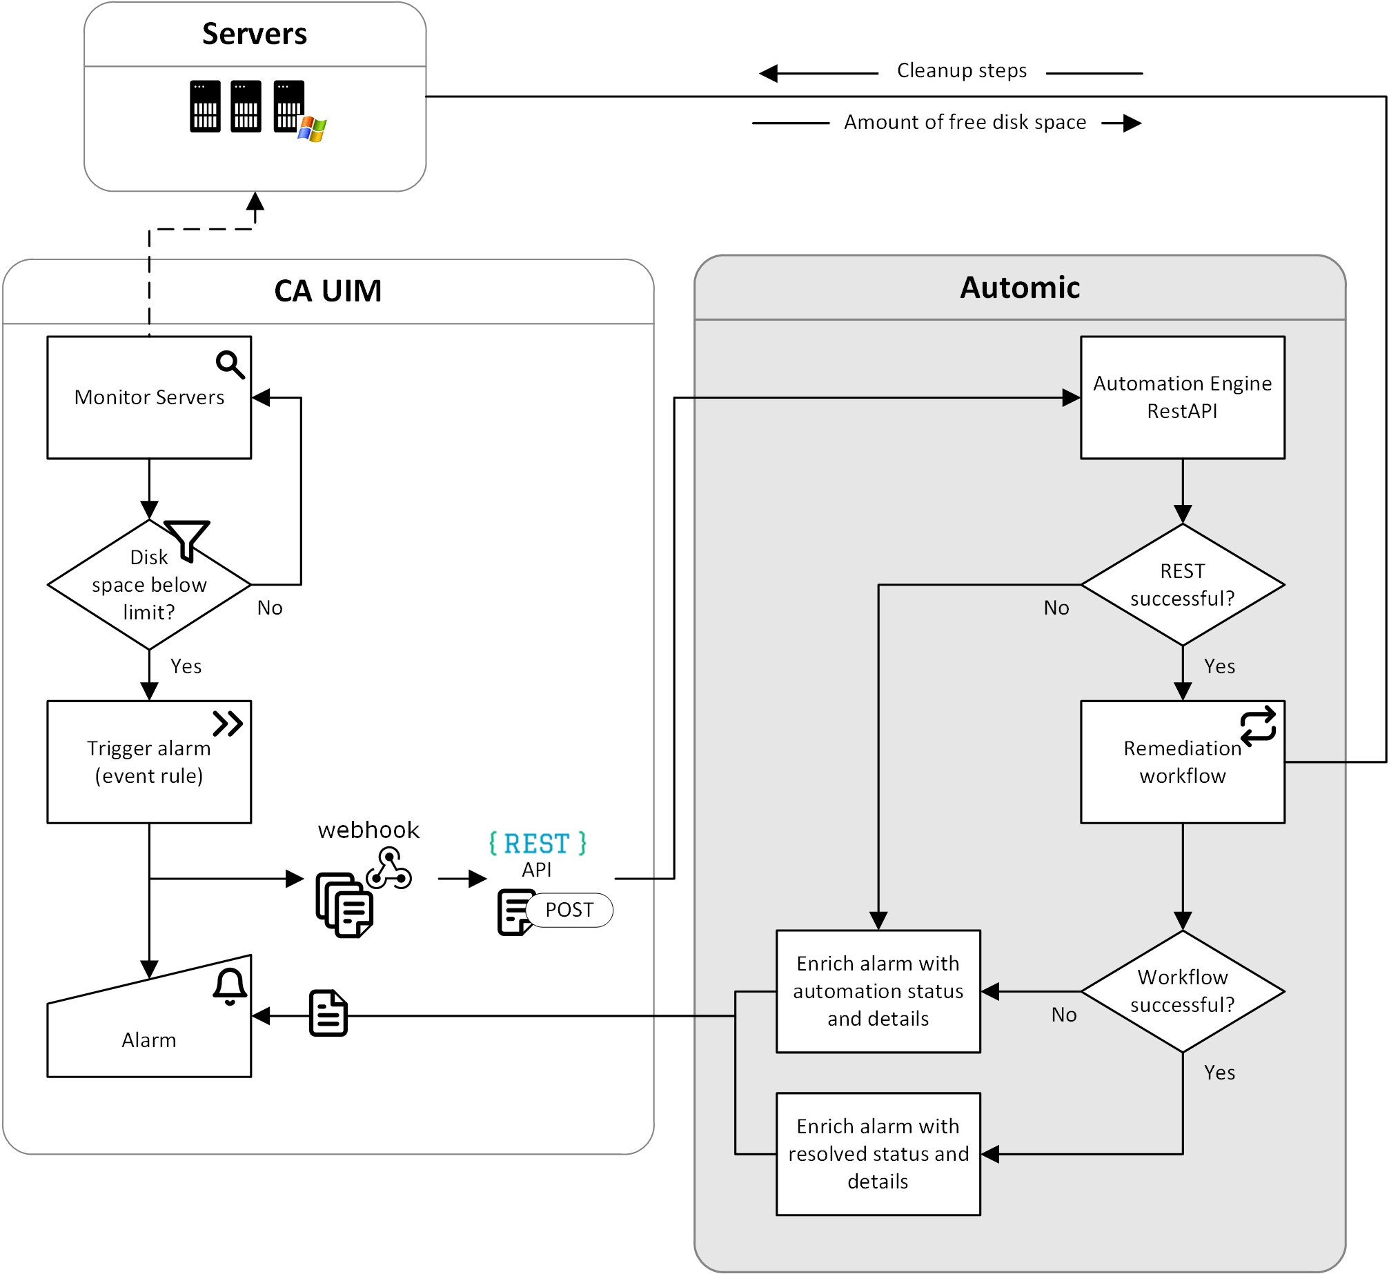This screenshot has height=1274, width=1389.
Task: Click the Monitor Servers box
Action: pyautogui.click(x=149, y=397)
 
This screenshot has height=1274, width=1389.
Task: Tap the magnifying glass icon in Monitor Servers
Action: pyautogui.click(x=230, y=364)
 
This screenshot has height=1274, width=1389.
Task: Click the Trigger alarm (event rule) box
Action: pyautogui.click(x=149, y=762)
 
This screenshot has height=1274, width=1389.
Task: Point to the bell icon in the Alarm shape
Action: pyautogui.click(x=230, y=986)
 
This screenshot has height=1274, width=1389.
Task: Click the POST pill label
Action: pyautogui.click(x=569, y=910)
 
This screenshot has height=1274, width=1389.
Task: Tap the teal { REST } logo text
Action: pyautogui.click(x=538, y=844)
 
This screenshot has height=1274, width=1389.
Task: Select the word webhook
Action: pyautogui.click(x=368, y=830)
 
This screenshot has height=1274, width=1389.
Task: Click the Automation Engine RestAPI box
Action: pyautogui.click(x=1182, y=397)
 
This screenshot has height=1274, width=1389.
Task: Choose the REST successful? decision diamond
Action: pyautogui.click(x=1182, y=585)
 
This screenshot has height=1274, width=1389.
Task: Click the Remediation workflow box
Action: pyautogui.click(x=1182, y=762)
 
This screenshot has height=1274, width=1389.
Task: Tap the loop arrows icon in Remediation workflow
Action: pyautogui.click(x=1258, y=724)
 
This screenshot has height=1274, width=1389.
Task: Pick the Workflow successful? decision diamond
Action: pyautogui.click(x=1182, y=991)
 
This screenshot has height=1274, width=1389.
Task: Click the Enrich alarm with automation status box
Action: pyautogui.click(x=878, y=991)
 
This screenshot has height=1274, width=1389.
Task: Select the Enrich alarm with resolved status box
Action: pyautogui.click(x=878, y=1153)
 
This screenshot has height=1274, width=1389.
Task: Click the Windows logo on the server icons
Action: pyautogui.click(x=313, y=128)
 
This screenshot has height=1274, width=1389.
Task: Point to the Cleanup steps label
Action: pyautogui.click(x=962, y=70)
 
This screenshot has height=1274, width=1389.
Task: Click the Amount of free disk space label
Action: pyautogui.click(x=965, y=122)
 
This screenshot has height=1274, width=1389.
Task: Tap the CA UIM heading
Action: pyautogui.click(x=328, y=290)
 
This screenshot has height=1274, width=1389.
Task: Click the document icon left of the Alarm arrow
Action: pyautogui.click(x=328, y=1013)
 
